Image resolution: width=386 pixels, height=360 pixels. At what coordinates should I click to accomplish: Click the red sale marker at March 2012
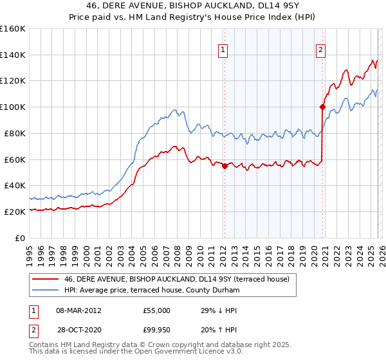[225, 166]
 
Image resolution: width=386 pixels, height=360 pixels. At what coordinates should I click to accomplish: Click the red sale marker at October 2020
[322, 107]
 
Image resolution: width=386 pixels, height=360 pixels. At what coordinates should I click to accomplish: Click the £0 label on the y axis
[20, 238]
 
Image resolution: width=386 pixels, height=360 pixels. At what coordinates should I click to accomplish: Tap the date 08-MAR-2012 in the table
[78, 310]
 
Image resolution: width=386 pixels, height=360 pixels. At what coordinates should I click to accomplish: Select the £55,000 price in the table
[157, 310]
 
